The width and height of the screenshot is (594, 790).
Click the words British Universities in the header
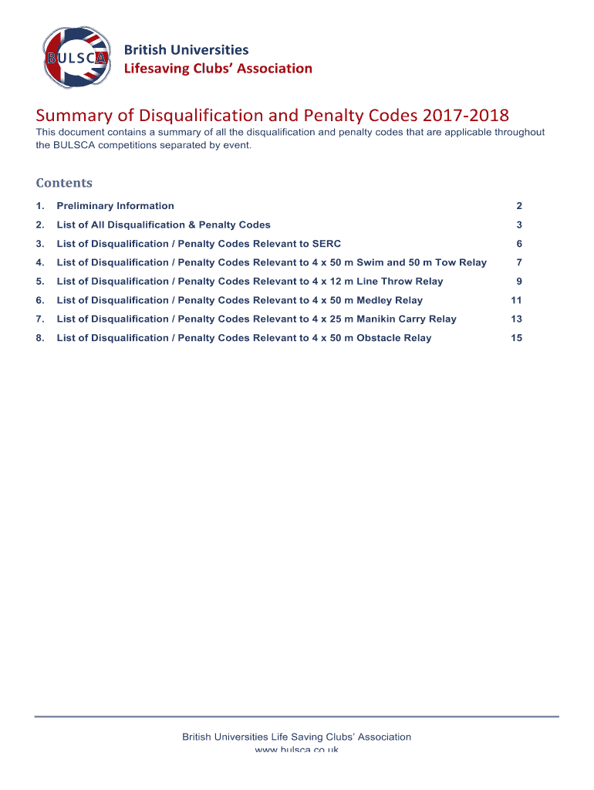pyautogui.click(x=187, y=49)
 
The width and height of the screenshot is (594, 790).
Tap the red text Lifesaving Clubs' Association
pyautogui.click(x=218, y=69)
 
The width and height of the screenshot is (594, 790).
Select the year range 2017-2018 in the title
pyautogui.click(x=465, y=116)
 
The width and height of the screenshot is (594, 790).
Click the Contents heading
pyautogui.click(x=64, y=183)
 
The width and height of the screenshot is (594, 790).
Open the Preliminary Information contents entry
pyautogui.click(x=115, y=206)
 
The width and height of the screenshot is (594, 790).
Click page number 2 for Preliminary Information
pyautogui.click(x=519, y=206)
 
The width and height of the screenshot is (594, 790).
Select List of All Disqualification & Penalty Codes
pyautogui.click(x=164, y=225)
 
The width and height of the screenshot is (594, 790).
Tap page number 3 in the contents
pyautogui.click(x=519, y=225)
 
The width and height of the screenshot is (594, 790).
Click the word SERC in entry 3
pyautogui.click(x=326, y=244)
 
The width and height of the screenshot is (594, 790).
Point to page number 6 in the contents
pyautogui.click(x=519, y=244)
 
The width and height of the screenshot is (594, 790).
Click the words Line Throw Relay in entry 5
pyautogui.click(x=400, y=282)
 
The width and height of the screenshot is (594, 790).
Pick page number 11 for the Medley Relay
pyautogui.click(x=516, y=300)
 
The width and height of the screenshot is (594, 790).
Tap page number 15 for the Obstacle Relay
pyautogui.click(x=516, y=338)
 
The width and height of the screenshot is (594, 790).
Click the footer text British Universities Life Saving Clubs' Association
pyautogui.click(x=296, y=737)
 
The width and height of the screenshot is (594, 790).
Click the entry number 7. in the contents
pyautogui.click(x=40, y=319)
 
